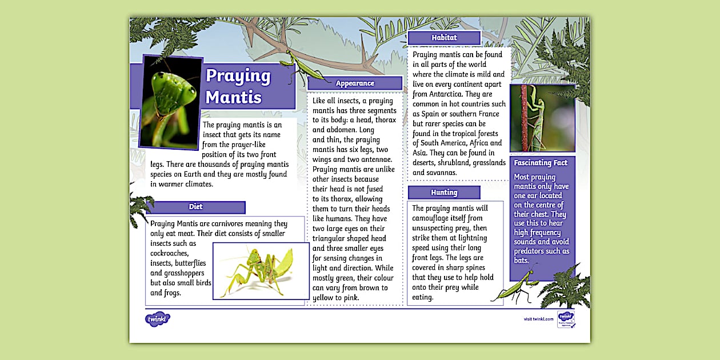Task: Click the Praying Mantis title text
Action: pos(238,86)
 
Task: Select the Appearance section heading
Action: pos(355,83)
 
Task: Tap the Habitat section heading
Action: pos(444,38)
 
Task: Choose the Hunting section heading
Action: pos(444,193)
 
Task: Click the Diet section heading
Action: pos(195,207)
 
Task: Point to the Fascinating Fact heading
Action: pos(541,163)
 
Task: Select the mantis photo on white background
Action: pos(261,271)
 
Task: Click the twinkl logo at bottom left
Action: pos(158,319)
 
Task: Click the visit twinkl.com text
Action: pos(538,319)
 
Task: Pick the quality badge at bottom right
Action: pos(566,319)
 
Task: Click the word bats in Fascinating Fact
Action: pos(521,261)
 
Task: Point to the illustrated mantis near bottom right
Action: pos(516,286)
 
